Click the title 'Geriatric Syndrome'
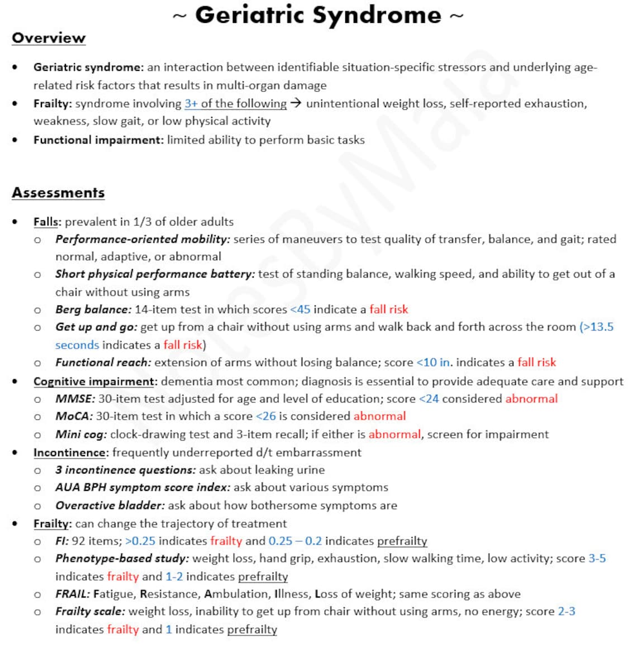pos(318,15)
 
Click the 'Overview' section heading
pos(49,38)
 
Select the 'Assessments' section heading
pos(58,193)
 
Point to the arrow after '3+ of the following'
pos(296,103)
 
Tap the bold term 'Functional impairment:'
pos(98,140)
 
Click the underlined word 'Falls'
pos(46,222)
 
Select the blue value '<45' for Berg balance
pos(300,309)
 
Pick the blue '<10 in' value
pos(433,362)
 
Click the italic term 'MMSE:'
pos(75,399)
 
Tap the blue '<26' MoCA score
pos(265,416)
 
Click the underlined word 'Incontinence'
pos(69,452)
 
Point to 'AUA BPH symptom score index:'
pos(142,488)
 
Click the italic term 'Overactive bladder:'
pos(110,505)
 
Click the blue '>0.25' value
pos(140,541)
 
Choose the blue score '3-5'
pos(597,558)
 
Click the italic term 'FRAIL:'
pos(73,594)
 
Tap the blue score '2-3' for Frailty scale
pos(566,611)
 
